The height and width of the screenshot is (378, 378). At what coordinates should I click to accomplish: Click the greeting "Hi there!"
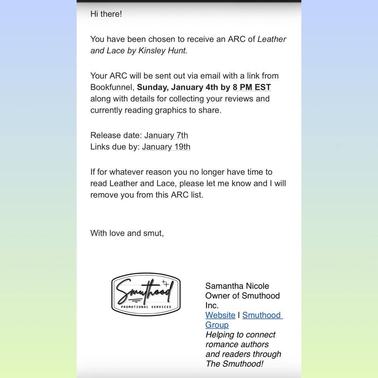point(106,14)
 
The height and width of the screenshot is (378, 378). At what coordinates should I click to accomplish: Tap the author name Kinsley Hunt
point(163,50)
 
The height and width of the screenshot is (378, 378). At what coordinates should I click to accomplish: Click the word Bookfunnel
point(112,87)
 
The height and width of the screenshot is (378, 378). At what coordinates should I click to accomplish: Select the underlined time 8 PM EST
point(252,87)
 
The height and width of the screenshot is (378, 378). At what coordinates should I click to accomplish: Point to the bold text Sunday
point(152,87)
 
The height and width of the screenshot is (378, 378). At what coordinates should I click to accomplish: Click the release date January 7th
point(166,135)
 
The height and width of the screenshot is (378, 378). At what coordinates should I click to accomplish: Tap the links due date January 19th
point(166,147)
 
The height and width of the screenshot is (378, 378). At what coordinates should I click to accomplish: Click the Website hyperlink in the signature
point(220,315)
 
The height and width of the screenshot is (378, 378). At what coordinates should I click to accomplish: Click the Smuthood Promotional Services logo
point(146,294)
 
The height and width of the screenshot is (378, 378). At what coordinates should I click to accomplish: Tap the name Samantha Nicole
point(237,286)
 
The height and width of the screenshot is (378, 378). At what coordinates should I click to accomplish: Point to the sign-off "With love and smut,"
point(127,233)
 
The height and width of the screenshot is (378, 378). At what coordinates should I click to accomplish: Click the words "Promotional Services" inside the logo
point(146,307)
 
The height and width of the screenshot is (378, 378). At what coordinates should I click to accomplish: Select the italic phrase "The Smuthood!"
point(234,364)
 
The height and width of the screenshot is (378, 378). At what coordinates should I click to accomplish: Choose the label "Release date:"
point(116,135)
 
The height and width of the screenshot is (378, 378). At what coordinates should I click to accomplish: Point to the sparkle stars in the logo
point(165,283)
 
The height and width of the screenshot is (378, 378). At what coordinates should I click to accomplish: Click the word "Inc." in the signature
point(212,305)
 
